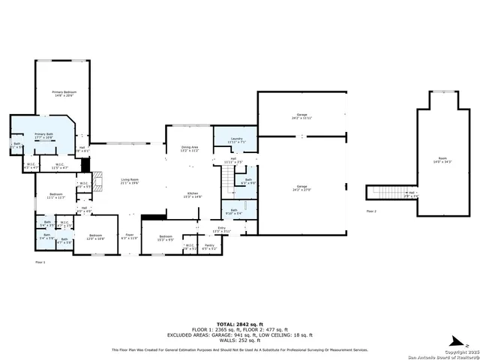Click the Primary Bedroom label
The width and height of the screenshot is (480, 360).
[x=63, y=93]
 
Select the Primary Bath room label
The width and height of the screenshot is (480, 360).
[x=43, y=136]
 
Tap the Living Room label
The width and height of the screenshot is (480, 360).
[x=130, y=181]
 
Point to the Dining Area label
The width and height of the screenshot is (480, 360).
[x=190, y=148]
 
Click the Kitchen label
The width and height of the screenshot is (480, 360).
[x=193, y=195]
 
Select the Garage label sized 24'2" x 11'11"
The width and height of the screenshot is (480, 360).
[x=302, y=116]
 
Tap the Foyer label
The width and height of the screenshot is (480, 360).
[x=130, y=236]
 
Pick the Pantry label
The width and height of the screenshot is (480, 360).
[x=209, y=246]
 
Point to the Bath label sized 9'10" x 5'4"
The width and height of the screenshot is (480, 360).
[x=233, y=211]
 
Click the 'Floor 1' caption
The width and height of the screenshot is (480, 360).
[x=40, y=262]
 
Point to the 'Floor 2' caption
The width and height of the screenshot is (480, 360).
[x=371, y=211]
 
